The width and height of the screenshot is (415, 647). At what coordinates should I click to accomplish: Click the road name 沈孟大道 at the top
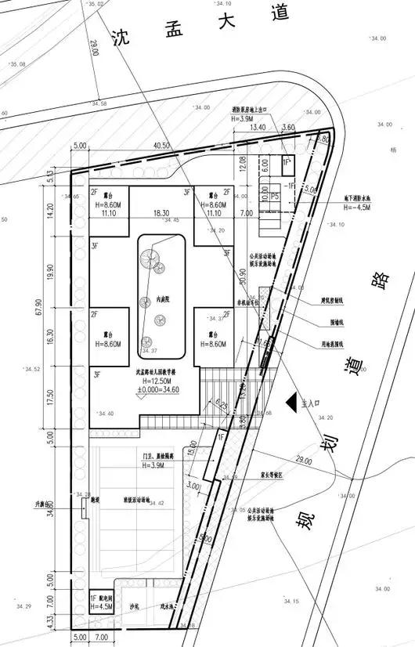tap(201, 25)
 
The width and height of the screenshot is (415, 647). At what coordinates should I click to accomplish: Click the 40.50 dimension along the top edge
tap(161, 146)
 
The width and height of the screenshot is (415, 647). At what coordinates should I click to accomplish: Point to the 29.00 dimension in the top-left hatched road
tap(95, 49)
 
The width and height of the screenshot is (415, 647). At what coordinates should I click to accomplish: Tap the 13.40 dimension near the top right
tap(258, 127)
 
